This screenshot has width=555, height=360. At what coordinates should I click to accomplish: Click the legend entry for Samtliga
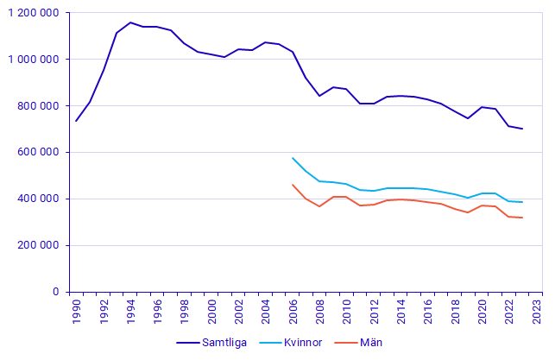click(211, 343)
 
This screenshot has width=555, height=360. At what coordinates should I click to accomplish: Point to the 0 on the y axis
click(54, 293)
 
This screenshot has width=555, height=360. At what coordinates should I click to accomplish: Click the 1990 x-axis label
click(76, 310)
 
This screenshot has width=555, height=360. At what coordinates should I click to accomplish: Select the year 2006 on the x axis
click(293, 310)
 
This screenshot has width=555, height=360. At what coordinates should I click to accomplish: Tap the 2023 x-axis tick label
click(537, 310)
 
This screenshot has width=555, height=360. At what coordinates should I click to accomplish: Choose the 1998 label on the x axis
click(185, 310)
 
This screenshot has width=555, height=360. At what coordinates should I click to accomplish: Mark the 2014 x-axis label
click(402, 310)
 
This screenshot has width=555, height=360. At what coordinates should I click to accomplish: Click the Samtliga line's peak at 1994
click(130, 22)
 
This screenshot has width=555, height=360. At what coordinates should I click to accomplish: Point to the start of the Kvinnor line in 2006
click(293, 158)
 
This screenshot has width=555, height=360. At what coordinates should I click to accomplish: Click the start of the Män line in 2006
click(293, 185)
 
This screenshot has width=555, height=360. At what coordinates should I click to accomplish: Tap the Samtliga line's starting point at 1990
click(76, 121)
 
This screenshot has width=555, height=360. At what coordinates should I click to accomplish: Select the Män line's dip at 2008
click(320, 206)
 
